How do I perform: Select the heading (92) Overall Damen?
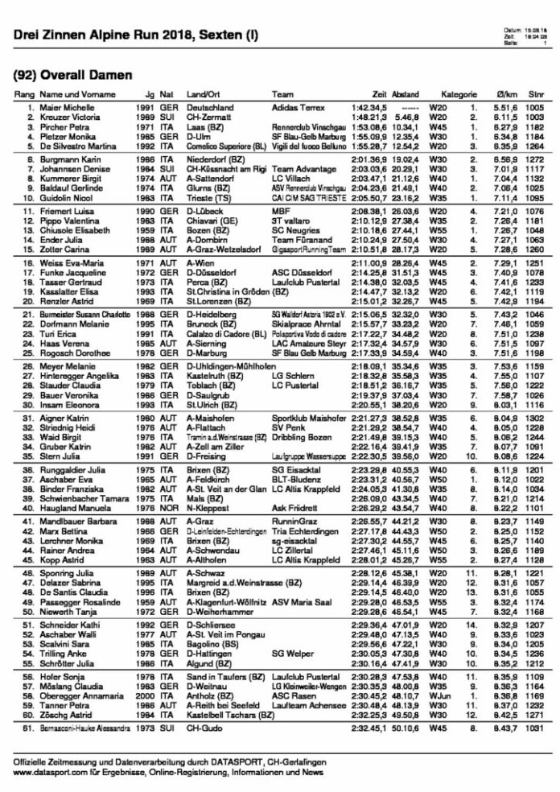[73, 75]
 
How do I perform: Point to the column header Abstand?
[406, 95]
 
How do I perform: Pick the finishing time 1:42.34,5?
[369, 107]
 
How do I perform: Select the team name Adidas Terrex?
[297, 107]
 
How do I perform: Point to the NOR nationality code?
[167, 509]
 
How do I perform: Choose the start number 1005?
[534, 107]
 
